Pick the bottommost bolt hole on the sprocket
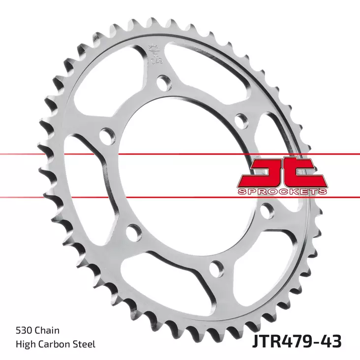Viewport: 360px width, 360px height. [x=214, y=268]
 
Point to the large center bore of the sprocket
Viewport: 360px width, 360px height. [x=182, y=177]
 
